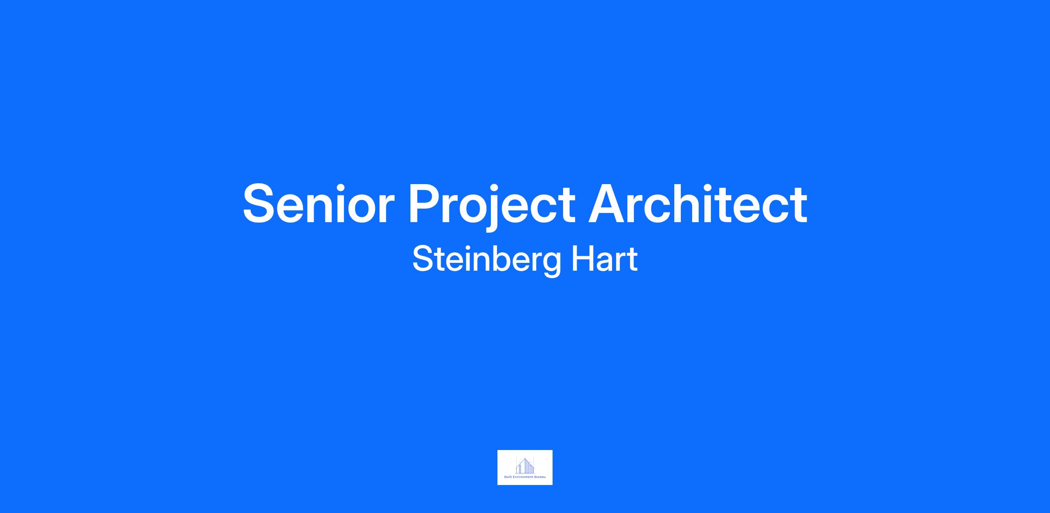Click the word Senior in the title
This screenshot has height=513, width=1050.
pos(319,204)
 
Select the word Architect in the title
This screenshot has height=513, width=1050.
pos(698,203)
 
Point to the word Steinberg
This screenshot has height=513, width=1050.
pos(486,261)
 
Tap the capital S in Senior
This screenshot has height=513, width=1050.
pos(261,204)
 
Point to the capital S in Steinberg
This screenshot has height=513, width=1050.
pos(423,259)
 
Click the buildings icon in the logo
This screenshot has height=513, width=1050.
pos(525,465)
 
